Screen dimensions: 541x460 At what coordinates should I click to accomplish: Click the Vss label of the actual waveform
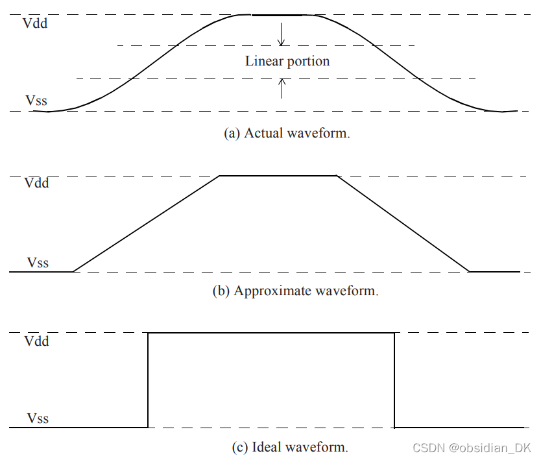pos(36,101)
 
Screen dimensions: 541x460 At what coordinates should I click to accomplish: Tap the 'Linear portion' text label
pos(287,62)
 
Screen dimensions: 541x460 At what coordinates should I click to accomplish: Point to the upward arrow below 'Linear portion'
pos(282,88)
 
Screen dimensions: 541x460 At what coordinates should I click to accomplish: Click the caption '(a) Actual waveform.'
pos(287,134)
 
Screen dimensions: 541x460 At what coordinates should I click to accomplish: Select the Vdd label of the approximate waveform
pos(36,183)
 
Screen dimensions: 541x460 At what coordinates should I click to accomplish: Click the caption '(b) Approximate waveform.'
pos(295,291)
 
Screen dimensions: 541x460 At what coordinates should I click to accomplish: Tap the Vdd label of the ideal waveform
pos(36,341)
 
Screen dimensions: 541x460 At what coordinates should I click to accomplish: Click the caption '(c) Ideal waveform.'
pos(290,447)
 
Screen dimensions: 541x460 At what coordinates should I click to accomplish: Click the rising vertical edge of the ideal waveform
pos(149,380)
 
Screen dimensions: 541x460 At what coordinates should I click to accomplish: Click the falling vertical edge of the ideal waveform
pos(394,380)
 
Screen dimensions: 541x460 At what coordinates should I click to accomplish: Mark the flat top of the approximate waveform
pos(278,175)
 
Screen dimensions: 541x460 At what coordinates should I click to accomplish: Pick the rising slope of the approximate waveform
pos(147,223)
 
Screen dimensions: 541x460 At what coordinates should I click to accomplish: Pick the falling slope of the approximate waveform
pos(402,223)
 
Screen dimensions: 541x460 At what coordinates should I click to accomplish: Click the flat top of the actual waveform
pos(278,14)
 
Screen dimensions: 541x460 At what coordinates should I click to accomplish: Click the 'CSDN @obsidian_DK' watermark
pos(472,448)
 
